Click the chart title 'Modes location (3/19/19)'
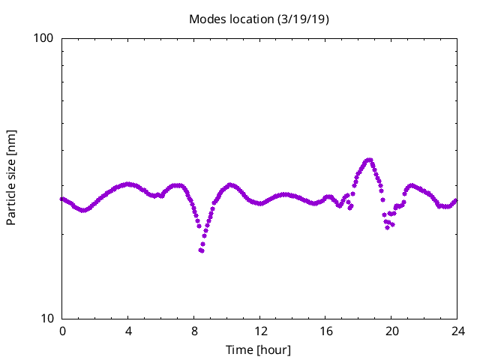259,19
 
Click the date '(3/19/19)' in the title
302,19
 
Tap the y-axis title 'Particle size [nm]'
11,177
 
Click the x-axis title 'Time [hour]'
259,349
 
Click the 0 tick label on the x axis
62,331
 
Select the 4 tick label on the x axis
128,331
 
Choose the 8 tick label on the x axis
194,331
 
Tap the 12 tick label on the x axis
260,331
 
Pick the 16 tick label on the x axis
326,331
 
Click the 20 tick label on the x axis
392,331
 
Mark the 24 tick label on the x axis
457,331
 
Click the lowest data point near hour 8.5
202,250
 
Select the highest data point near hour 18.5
369,160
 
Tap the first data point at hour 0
62,199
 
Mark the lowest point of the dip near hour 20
388,227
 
